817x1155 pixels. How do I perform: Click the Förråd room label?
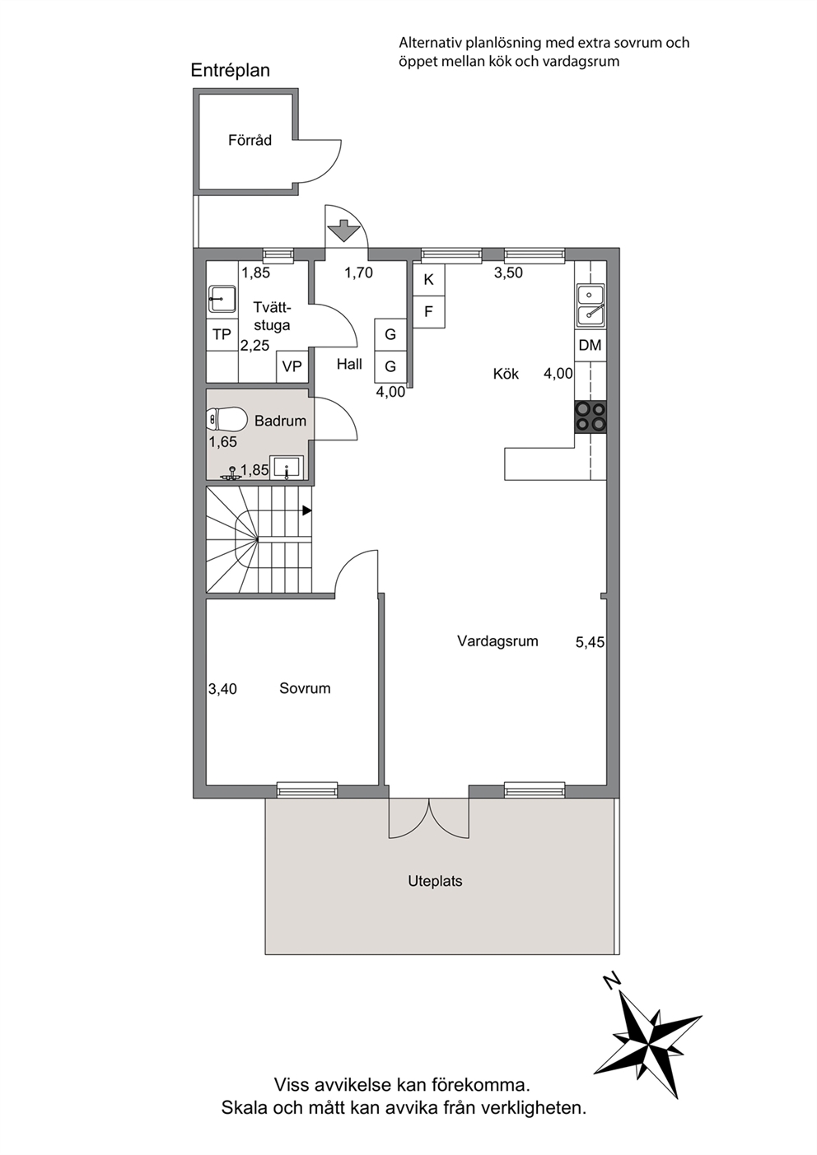tap(250, 140)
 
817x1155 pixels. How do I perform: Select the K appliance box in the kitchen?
tap(428, 279)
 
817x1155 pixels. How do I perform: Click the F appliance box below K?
tap(428, 312)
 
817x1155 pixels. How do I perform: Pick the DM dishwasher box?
tap(590, 345)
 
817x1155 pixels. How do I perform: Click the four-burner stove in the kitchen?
tap(591, 417)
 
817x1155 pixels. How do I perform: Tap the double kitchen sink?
tap(591, 305)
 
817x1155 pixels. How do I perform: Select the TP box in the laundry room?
tap(222, 335)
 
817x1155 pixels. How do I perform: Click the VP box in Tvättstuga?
tap(292, 366)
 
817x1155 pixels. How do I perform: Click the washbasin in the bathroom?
tap(287, 468)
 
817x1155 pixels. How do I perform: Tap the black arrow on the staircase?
tap(307, 510)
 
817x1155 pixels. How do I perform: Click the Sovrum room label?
tap(305, 688)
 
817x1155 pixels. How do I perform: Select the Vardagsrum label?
tap(497, 641)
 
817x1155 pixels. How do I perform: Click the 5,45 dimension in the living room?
tap(590, 642)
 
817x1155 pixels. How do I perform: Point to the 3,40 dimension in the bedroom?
tap(222, 689)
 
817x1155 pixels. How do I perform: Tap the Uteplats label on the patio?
tap(436, 881)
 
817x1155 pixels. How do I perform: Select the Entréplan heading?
tap(230, 71)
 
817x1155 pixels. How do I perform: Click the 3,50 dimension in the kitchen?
tap(508, 272)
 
